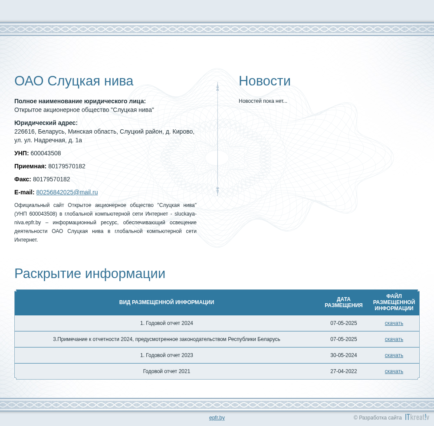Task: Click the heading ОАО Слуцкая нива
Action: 74,81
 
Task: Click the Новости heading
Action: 265,81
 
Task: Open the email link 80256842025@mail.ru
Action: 67,192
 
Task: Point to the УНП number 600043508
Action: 46,153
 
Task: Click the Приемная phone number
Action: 67,166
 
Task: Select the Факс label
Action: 23,179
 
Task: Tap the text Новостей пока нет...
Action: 263,101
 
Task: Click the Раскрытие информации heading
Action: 90,273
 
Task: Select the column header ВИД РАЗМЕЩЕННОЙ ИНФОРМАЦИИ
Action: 167,302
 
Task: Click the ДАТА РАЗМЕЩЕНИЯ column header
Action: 343,302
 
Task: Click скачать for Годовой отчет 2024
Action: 394,323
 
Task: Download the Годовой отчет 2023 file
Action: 394,355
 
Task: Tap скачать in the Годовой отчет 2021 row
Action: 394,371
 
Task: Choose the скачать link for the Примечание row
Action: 394,339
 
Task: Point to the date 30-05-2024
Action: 343,355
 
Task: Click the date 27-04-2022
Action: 343,371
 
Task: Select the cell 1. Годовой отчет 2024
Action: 167,323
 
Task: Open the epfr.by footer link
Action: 217,418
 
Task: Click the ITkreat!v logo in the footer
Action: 417,417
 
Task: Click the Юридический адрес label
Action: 46,123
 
